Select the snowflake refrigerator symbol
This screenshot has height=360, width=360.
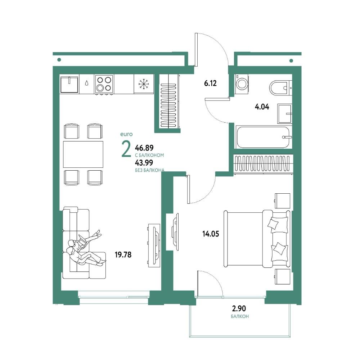click(x=144, y=84)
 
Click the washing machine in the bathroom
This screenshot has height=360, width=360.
click(x=242, y=84)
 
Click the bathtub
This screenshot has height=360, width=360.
click(x=263, y=137)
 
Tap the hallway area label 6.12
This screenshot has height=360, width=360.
click(x=210, y=83)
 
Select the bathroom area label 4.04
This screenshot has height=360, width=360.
click(x=262, y=107)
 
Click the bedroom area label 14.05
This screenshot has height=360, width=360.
click(x=211, y=234)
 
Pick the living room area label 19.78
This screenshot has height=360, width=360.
click(x=123, y=255)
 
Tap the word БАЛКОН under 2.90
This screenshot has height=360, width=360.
click(x=240, y=316)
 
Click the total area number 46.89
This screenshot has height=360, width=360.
click(x=144, y=147)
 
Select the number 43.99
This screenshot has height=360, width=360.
click(x=144, y=163)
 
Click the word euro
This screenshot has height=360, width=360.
click(x=126, y=134)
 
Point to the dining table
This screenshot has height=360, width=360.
click(x=83, y=154)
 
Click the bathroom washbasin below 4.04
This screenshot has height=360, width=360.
click(x=285, y=114)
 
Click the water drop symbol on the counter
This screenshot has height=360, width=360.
click(x=86, y=83)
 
